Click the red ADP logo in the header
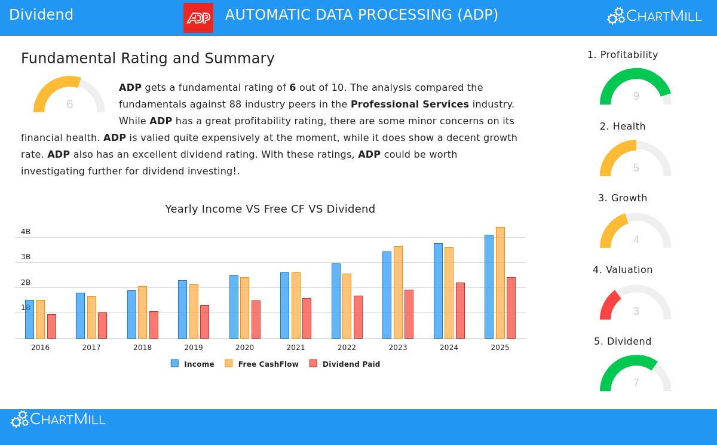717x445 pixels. [198, 18]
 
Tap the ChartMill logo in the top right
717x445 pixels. [654, 16]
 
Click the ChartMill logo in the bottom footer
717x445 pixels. [58, 419]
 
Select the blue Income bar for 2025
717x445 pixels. [489, 286]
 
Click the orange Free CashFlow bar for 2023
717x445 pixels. [398, 292]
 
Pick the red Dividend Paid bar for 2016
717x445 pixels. [51, 326]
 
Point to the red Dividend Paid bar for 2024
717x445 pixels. [460, 310]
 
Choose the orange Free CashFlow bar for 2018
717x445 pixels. [142, 312]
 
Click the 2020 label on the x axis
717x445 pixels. [244, 348]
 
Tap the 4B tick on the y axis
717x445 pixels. [26, 232]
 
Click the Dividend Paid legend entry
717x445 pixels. [345, 364]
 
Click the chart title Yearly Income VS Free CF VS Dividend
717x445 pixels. [270, 209]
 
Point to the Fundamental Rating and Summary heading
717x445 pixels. [148, 59]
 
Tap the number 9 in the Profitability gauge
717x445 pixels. [636, 96]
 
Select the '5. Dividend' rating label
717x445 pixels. [623, 342]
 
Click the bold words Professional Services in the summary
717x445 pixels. [410, 105]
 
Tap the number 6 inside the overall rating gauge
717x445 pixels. [69, 105]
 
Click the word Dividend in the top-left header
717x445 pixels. [41, 15]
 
